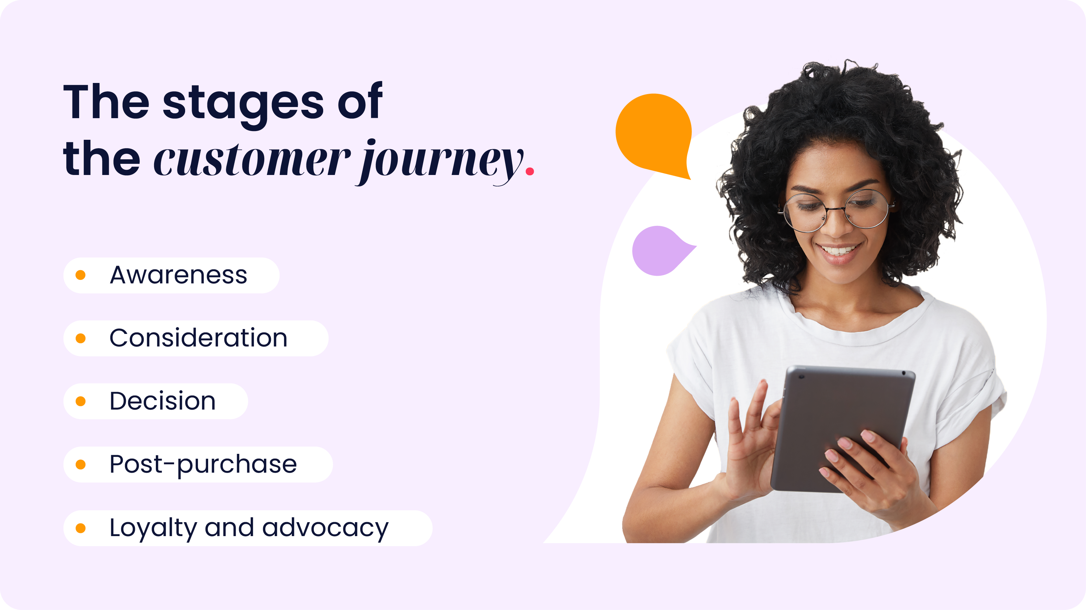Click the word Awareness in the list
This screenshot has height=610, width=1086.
179,275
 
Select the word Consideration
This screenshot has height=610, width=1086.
198,338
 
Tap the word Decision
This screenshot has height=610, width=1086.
162,401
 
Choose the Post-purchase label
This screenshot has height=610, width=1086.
203,465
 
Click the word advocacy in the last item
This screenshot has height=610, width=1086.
325,528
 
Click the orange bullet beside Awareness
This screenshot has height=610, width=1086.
81,275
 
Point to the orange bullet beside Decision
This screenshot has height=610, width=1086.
81,401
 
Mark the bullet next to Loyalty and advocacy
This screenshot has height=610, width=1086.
81,528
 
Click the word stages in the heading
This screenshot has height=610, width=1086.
243,103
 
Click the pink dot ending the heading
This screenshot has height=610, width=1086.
530,171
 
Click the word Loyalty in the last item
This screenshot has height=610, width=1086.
152,528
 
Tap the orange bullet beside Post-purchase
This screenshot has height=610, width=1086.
81,465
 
